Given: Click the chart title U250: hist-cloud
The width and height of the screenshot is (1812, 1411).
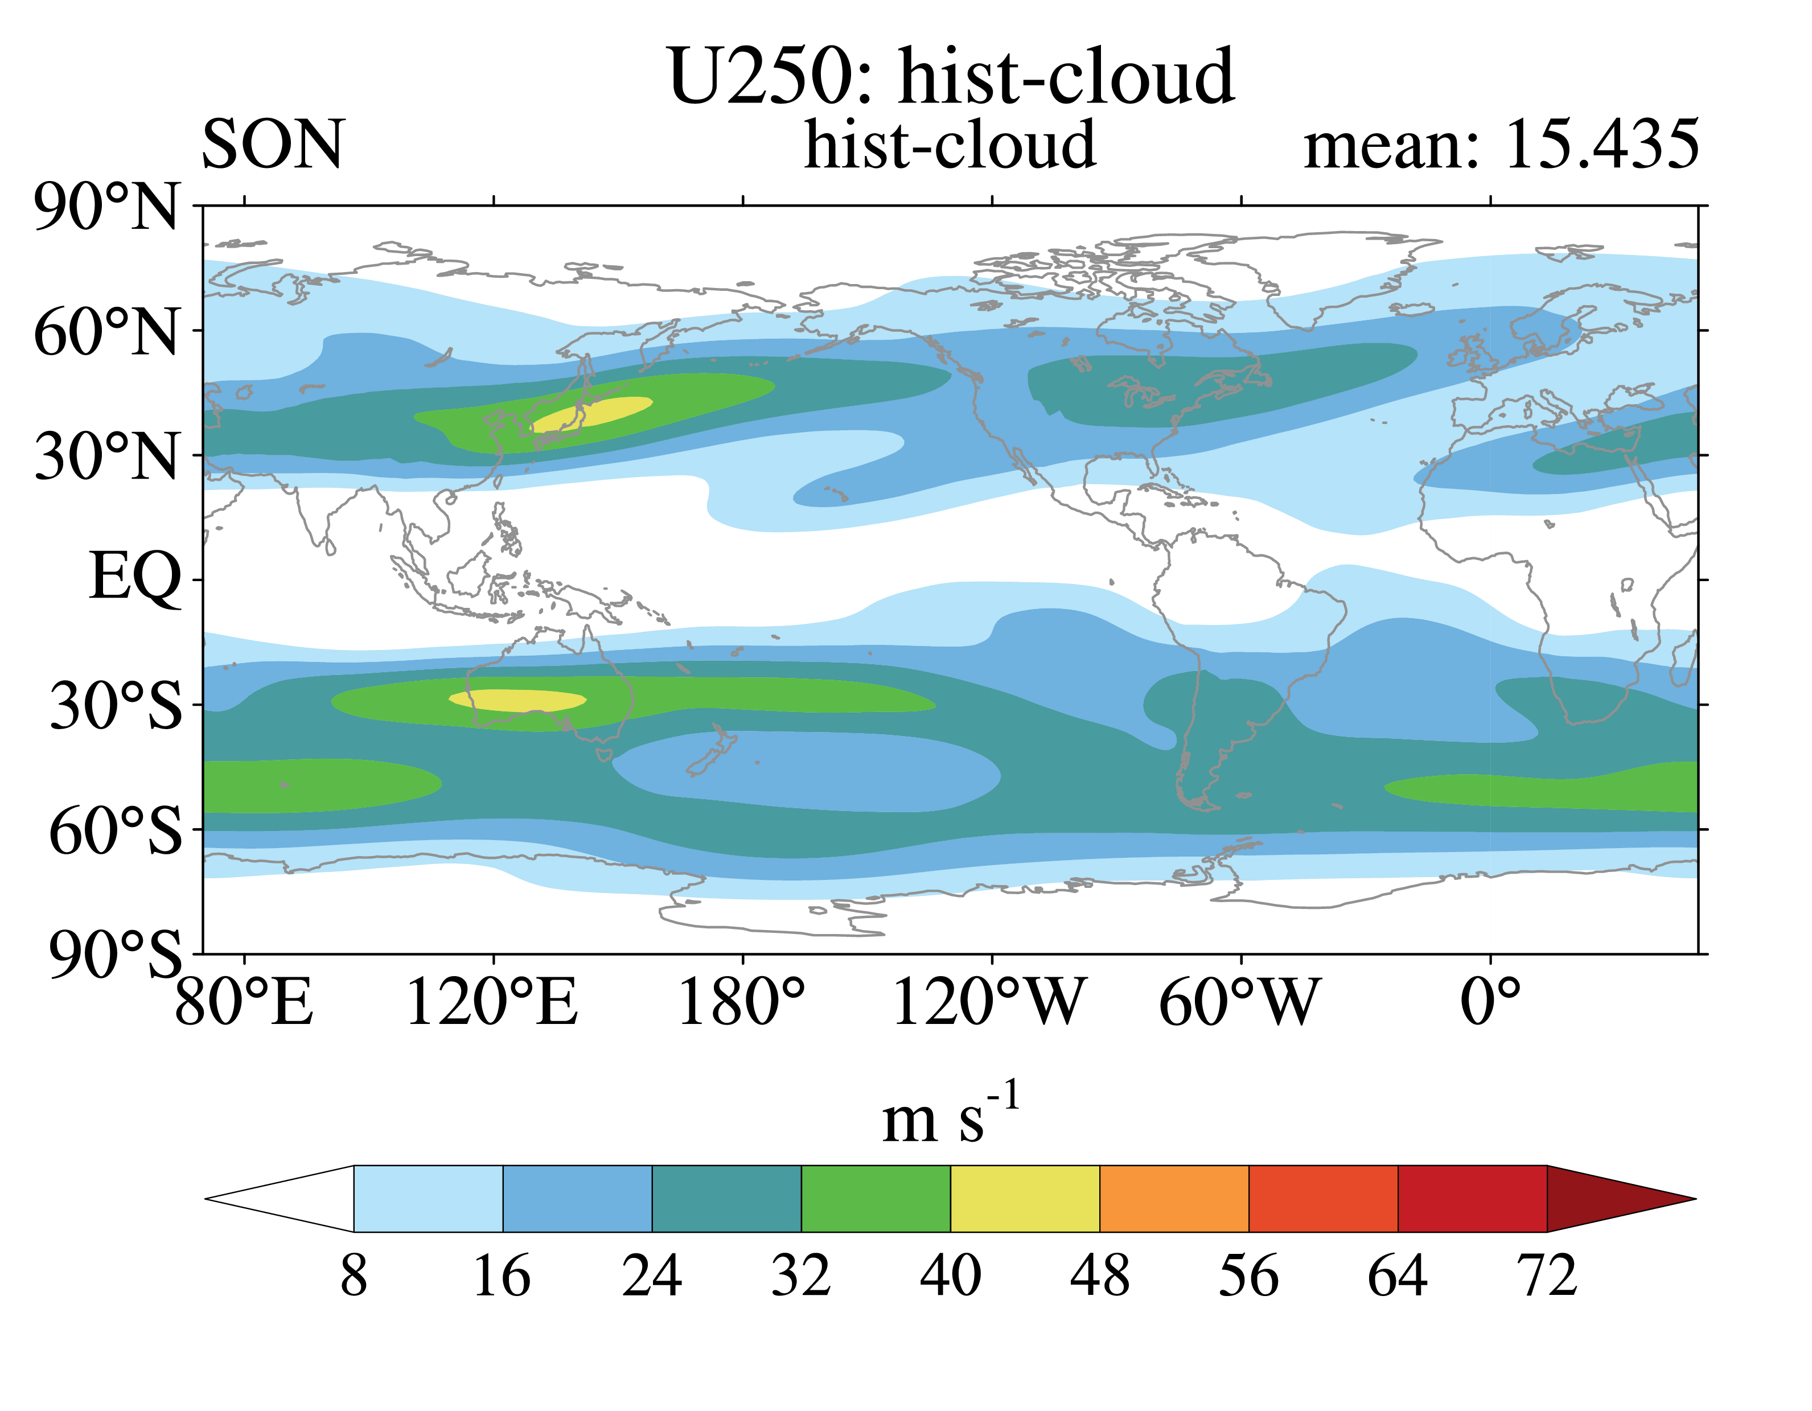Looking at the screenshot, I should point(951,76).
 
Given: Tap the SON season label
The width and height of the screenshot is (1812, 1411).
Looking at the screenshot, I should point(272,145).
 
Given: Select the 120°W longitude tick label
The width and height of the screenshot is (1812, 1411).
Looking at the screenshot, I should point(989,1002).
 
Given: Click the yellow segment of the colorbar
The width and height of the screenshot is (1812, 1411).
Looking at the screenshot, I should point(1025,1199).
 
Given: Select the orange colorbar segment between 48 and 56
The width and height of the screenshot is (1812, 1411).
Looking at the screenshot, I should point(1174,1199).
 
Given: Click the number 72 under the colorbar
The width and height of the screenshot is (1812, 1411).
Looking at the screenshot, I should point(1547,1275).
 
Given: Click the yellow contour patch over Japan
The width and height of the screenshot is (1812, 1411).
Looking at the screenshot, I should point(591,413).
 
